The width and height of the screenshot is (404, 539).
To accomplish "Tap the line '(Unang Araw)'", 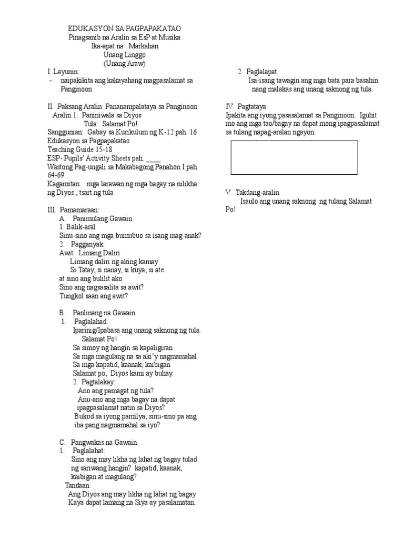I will (124, 64).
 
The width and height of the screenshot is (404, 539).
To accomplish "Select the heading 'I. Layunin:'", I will (63, 72).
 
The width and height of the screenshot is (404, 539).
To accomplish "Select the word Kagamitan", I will (63, 184).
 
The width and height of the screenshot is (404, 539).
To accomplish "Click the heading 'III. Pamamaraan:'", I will (73, 209).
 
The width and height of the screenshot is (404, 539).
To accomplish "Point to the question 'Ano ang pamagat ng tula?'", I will (115, 391).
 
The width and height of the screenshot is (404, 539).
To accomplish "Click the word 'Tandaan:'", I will (78, 485).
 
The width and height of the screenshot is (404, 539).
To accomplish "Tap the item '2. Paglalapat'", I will (258, 72).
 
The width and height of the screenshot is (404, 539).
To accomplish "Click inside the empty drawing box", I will (294, 157).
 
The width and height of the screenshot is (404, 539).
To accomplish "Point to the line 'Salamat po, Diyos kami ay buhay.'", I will (123, 373).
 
